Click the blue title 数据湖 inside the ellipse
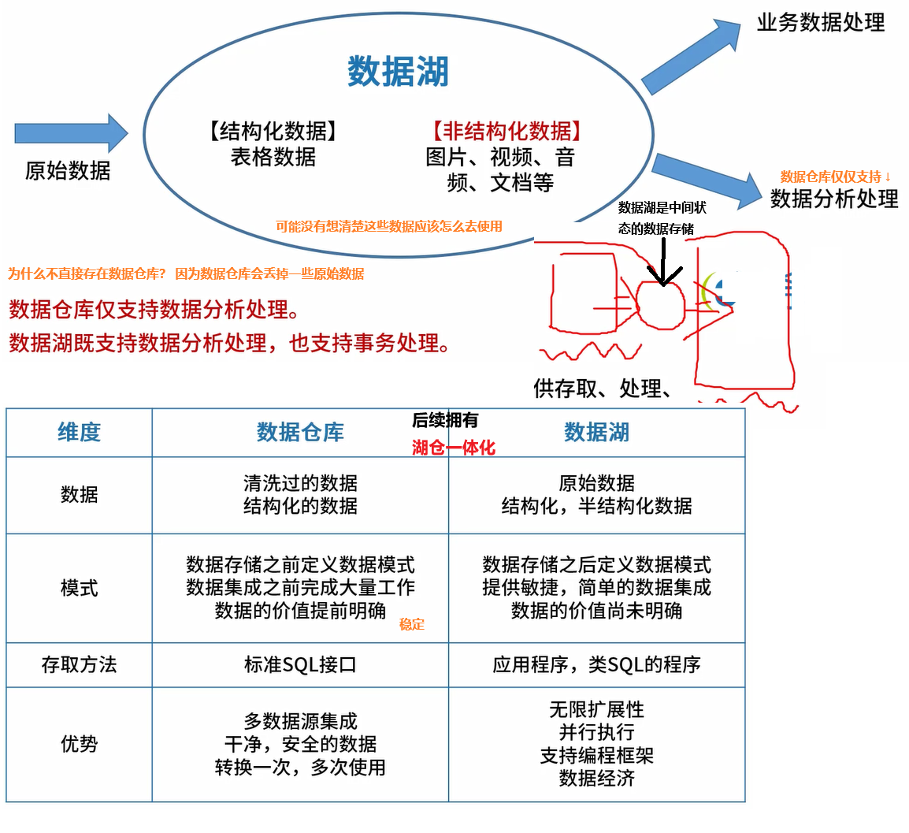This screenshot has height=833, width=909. click(x=398, y=72)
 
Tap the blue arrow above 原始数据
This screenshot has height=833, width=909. click(x=71, y=132)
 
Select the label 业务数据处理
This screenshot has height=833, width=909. click(x=821, y=22)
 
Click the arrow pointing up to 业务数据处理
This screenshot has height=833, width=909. click(x=691, y=57)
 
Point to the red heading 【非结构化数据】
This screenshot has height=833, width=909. click(x=507, y=131)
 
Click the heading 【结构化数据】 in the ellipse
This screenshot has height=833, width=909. click(x=273, y=131)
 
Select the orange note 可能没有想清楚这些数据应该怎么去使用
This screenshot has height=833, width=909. click(x=389, y=226)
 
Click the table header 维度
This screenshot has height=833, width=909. click(x=79, y=432)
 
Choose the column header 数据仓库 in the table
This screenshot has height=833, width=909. click(x=300, y=432)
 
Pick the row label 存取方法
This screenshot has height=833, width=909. click(x=79, y=664)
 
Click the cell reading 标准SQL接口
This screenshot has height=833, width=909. click(x=300, y=664)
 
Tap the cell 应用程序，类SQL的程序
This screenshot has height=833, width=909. click(x=596, y=664)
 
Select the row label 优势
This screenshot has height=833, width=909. click(x=79, y=744)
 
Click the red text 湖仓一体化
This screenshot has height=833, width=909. click(x=454, y=448)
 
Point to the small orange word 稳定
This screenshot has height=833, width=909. click(x=412, y=624)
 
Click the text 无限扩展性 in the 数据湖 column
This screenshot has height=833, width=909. click(x=596, y=709)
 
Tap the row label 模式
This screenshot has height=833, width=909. click(x=79, y=588)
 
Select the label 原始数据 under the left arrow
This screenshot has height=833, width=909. click(x=68, y=170)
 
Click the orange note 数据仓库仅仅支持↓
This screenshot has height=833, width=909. click(x=836, y=177)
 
